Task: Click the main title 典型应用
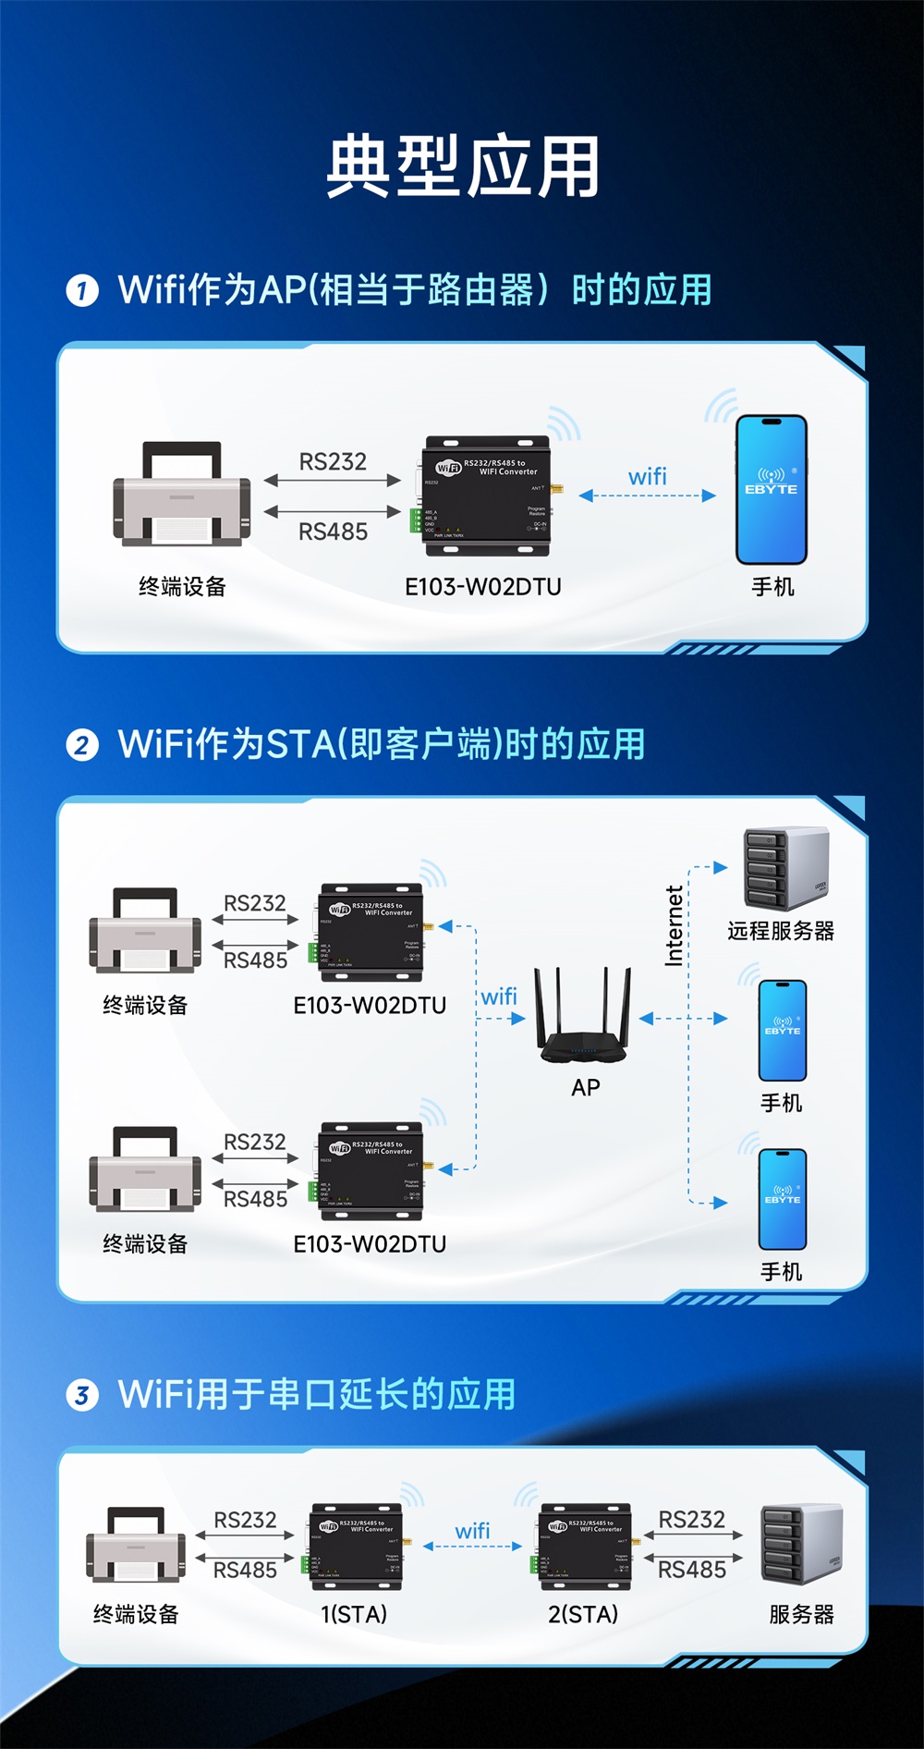462,166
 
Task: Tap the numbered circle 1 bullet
82,291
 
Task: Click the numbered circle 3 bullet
82,1395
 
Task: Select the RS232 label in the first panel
333,461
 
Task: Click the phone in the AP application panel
772,490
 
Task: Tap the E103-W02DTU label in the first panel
482,587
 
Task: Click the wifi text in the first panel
647,477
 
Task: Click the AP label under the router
586,1088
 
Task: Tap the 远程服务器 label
781,931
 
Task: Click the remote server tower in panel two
785,869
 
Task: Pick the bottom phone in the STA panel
783,1199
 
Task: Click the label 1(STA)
354,1614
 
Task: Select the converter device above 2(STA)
584,1547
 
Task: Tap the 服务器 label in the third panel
801,1614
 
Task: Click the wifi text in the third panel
472,1531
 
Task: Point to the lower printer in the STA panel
145,1170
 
